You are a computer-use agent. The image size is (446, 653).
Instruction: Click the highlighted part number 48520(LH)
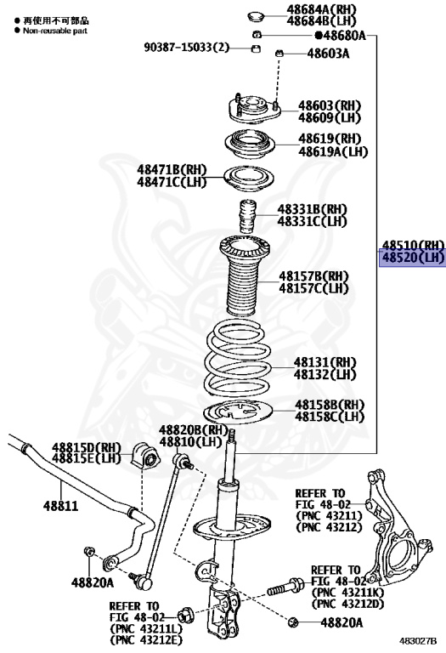pyautogui.click(x=413, y=258)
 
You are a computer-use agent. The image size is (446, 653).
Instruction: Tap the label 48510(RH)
pyautogui.click(x=413, y=246)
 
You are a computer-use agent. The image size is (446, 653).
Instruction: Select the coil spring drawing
pyautogui.click(x=238, y=358)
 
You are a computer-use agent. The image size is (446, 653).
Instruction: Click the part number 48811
pyautogui.click(x=61, y=506)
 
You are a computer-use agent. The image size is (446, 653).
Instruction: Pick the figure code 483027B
pyautogui.click(x=418, y=640)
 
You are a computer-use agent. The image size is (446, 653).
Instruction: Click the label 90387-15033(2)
pyautogui.click(x=187, y=47)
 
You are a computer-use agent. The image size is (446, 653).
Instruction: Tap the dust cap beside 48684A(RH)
pyautogui.click(x=257, y=17)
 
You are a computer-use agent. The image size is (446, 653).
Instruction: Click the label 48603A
pyautogui.click(x=328, y=54)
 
